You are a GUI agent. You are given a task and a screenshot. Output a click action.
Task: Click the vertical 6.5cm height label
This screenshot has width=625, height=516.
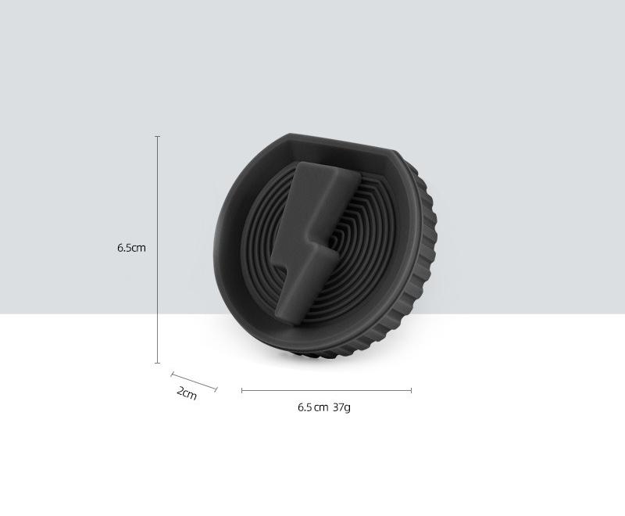[131, 248]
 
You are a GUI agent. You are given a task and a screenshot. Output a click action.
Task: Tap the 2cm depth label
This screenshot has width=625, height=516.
[187, 392]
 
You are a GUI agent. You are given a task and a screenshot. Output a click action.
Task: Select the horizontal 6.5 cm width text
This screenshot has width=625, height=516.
[313, 407]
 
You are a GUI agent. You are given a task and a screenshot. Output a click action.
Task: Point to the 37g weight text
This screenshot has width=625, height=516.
[341, 407]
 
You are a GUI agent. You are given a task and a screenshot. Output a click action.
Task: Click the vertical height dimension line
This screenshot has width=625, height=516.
[158, 249]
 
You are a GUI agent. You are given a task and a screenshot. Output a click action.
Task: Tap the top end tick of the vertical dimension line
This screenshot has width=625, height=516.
[158, 136]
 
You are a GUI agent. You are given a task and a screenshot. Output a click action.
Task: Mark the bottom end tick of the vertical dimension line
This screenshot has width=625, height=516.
[158, 363]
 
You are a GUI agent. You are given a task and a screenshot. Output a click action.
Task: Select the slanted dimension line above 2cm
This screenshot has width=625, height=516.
[194, 382]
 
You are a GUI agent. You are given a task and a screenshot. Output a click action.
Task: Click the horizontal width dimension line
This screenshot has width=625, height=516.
[327, 390]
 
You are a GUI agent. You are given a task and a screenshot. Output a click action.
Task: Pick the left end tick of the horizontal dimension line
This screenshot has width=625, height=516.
[242, 390]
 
